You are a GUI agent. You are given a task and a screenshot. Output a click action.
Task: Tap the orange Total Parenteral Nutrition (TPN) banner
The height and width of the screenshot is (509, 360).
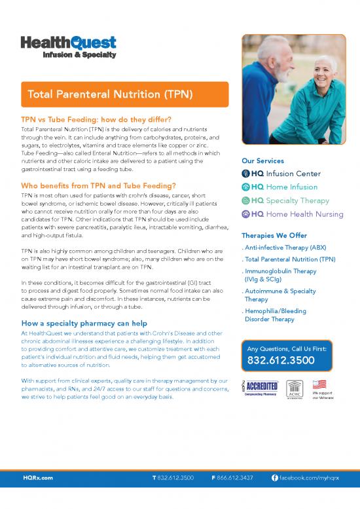click(124, 94)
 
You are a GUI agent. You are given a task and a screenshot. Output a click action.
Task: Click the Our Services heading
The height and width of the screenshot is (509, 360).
click(262, 161)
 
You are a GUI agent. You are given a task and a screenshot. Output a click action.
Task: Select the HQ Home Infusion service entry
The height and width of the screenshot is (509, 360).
click(285, 187)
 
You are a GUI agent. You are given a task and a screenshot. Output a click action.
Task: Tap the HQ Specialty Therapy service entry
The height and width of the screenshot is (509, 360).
click(290, 200)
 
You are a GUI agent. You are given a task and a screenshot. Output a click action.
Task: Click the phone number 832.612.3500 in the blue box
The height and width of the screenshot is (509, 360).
click(281, 361)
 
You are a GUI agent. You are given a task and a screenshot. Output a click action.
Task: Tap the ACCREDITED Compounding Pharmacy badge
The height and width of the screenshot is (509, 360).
click(261, 389)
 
